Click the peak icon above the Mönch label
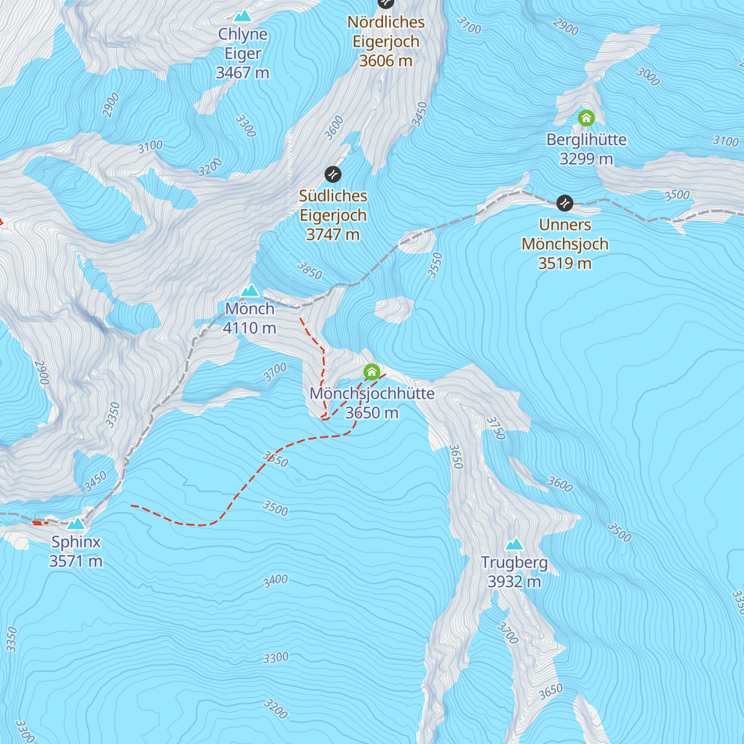(x=249, y=290)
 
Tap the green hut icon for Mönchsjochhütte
(x=371, y=372)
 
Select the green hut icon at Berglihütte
(x=586, y=118)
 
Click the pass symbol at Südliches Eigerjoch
(x=333, y=174)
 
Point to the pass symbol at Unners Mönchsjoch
(x=565, y=203)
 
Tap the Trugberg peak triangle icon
(x=514, y=544)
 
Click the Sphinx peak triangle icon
(x=76, y=524)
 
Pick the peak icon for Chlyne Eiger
(x=242, y=16)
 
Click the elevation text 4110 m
(x=249, y=328)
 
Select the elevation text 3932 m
(x=514, y=582)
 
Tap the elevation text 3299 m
(x=586, y=159)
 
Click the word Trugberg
(x=514, y=562)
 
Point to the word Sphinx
(x=76, y=542)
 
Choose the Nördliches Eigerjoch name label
(x=386, y=32)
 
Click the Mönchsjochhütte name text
(x=371, y=393)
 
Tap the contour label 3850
(x=309, y=270)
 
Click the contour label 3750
(x=496, y=428)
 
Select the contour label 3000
(x=648, y=76)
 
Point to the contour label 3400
(x=275, y=581)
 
